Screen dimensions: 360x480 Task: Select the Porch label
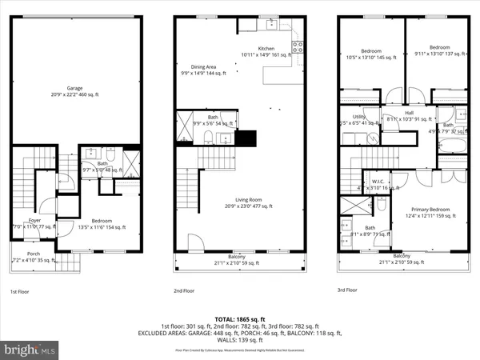[34, 256]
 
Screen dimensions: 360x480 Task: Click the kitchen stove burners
[298, 46]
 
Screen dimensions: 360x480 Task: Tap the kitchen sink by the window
[271, 24]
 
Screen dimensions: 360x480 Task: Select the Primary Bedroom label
[428, 210]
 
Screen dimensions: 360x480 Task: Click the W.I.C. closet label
[378, 182]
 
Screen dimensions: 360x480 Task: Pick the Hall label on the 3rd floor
[409, 114]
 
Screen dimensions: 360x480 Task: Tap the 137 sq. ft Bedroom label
[436, 50]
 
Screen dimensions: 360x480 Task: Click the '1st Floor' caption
[21, 292]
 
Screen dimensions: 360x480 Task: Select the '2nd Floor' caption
[185, 292]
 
